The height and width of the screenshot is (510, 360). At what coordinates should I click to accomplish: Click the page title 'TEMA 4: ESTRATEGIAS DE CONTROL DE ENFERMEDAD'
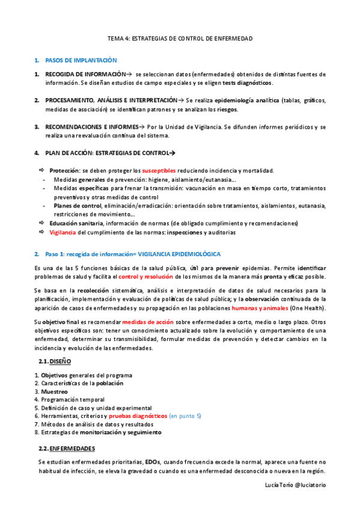[x=180, y=38]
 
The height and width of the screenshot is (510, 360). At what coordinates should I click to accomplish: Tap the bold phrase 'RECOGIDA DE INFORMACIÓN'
[x=86, y=74]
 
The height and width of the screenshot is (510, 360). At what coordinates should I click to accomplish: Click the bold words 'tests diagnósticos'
[x=248, y=82]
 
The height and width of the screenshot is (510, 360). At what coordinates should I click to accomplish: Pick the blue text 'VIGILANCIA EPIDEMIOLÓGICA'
[x=171, y=254]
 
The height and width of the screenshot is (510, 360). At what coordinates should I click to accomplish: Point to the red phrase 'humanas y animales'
[x=261, y=308]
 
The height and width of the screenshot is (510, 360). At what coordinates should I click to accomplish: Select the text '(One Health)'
[x=307, y=308]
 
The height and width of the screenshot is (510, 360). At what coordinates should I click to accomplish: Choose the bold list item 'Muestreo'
[x=54, y=392]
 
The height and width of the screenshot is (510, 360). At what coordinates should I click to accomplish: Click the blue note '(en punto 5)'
[x=185, y=416]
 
